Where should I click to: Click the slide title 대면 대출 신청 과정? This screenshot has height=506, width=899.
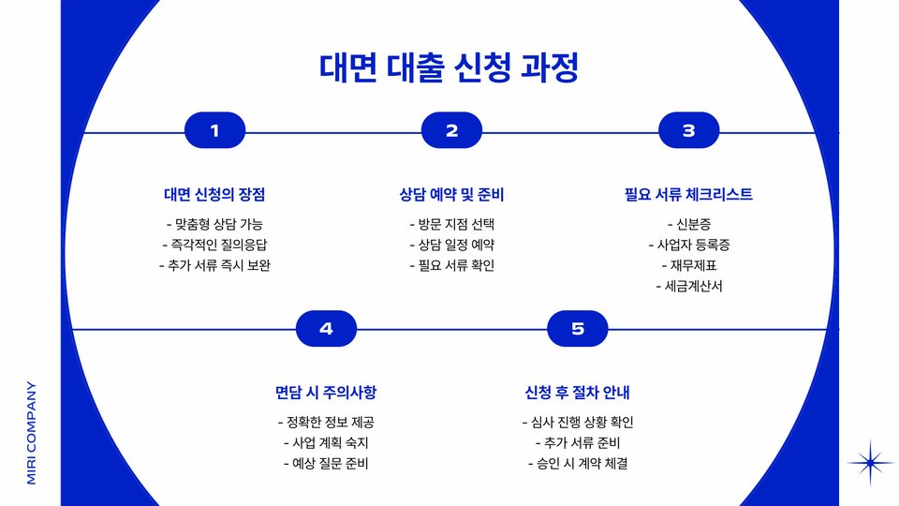point(449,68)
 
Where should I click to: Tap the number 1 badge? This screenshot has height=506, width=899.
point(215,131)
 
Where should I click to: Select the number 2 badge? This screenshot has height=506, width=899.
point(451,131)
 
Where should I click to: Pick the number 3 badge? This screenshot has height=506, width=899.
point(688,131)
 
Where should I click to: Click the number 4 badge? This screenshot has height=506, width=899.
point(326,329)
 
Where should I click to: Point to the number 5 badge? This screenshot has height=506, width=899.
point(578,329)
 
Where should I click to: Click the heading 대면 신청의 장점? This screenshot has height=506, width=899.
point(214,195)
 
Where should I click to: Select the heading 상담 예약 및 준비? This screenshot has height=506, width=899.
point(451,195)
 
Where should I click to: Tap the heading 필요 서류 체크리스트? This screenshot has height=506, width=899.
point(688,195)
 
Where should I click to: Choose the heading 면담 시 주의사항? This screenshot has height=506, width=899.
point(326,392)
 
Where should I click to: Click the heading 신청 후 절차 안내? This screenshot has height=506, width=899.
point(578,392)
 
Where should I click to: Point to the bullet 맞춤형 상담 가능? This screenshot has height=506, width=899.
point(214,224)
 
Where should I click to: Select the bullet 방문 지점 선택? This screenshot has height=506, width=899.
point(451,224)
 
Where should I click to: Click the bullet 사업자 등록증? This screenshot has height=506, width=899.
point(688,245)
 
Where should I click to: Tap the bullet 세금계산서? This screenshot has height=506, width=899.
point(688,286)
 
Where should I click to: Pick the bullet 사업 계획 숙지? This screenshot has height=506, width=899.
point(326,442)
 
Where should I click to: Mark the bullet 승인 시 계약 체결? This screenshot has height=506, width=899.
point(578,463)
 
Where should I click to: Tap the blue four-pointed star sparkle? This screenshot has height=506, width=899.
point(871,463)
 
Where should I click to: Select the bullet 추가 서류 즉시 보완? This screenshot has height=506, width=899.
point(214,265)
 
